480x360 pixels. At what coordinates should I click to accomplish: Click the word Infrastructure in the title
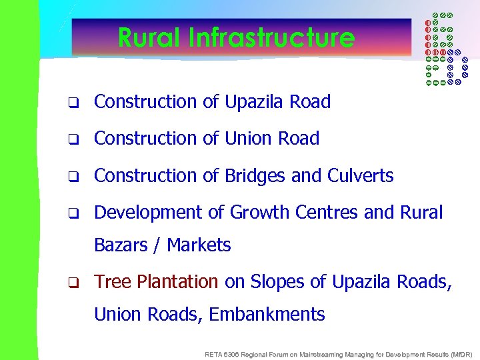pos(271,37)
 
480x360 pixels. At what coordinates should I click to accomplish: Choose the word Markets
pos(199,245)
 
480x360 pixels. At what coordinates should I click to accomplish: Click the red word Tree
pos(113,282)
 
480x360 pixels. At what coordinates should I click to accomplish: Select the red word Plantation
pos(177,282)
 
